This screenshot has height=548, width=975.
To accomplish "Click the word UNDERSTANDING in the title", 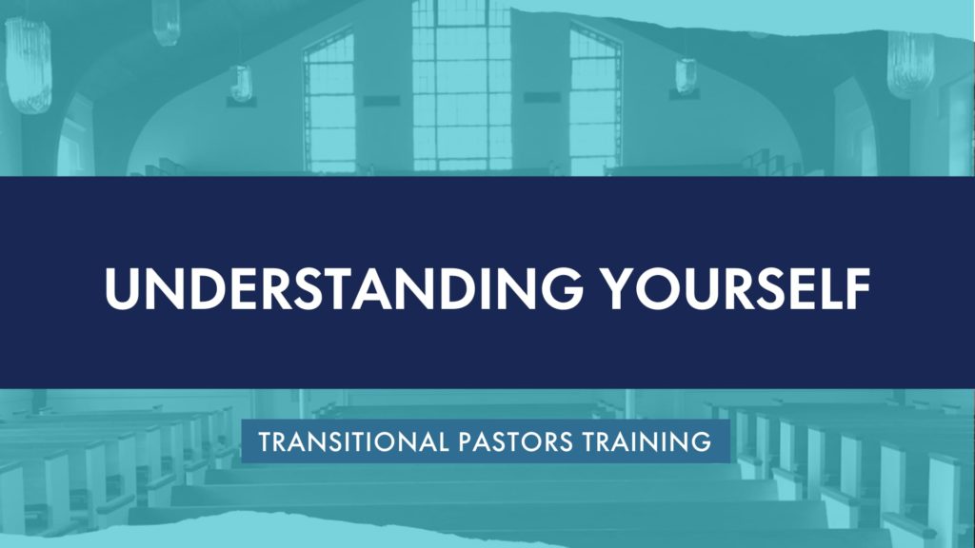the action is pyautogui.click(x=344, y=288).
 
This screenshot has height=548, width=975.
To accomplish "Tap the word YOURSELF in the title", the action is pyautogui.click(x=738, y=288).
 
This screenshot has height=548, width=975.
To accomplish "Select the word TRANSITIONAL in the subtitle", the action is pyautogui.click(x=353, y=441).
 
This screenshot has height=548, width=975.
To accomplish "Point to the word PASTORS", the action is pyautogui.click(x=515, y=441).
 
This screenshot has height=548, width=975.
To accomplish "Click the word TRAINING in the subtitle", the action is pyautogui.click(x=647, y=441).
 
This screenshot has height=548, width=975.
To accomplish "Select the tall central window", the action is pyautogui.click(x=462, y=85).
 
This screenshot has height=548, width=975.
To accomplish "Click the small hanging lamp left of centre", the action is pyautogui.click(x=241, y=84).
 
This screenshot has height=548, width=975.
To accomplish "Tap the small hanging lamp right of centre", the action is pyautogui.click(x=686, y=76).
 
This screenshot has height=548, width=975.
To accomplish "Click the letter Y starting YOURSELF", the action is pyautogui.click(x=623, y=289).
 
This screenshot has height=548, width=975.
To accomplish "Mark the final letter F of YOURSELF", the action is pyautogui.click(x=858, y=289).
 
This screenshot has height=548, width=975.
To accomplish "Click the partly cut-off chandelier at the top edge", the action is pyautogui.click(x=166, y=22).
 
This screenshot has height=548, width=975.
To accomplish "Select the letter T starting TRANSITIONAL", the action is pyautogui.click(x=266, y=441).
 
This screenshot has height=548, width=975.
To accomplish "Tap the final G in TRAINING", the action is pyautogui.click(x=702, y=441).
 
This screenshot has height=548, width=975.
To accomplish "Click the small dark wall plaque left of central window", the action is pyautogui.click(x=381, y=101).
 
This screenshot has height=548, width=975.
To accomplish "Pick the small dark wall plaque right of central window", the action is pyautogui.click(x=542, y=97).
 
